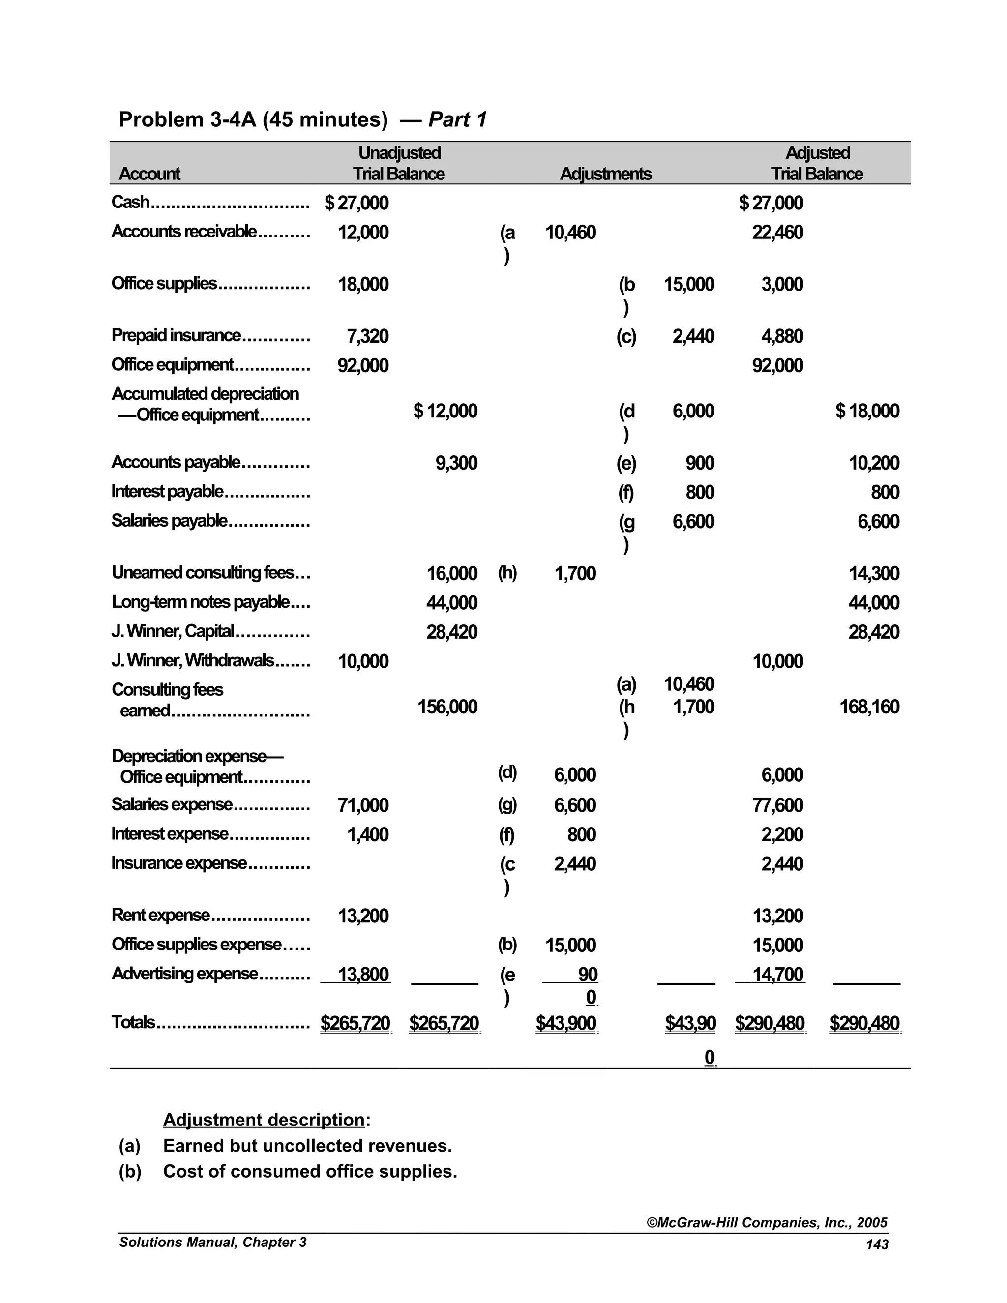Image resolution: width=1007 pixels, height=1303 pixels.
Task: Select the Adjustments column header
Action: [x=605, y=174]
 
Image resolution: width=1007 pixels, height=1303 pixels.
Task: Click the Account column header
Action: [x=149, y=174]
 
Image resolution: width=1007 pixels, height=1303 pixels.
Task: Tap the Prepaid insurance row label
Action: [x=177, y=335]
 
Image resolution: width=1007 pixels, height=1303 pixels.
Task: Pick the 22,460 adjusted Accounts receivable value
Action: [x=777, y=232]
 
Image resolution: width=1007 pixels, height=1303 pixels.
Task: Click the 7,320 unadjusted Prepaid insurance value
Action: [x=367, y=336]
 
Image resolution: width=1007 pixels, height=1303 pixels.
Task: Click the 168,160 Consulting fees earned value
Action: [x=869, y=707]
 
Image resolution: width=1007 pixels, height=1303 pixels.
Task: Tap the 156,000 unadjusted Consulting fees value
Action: [x=447, y=707]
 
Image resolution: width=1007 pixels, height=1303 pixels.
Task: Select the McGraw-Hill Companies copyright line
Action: [x=767, y=1222]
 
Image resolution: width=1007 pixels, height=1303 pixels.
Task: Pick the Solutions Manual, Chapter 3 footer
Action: [x=212, y=1242]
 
